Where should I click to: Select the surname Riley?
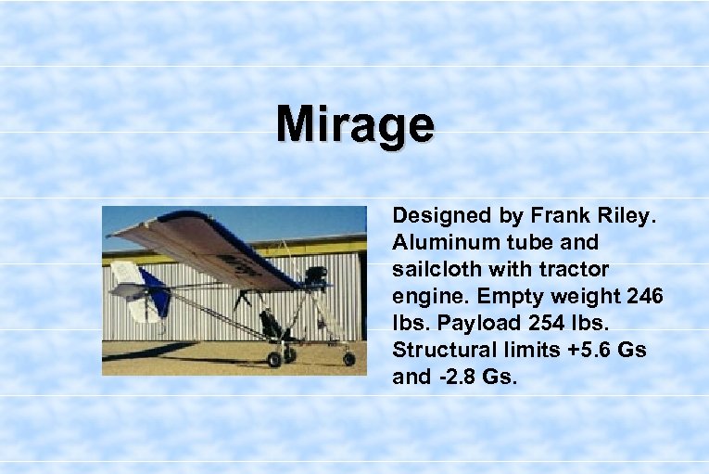tap(626, 216)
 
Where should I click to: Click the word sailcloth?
tap(433, 269)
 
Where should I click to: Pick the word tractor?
tap(578, 269)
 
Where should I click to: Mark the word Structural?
tap(439, 350)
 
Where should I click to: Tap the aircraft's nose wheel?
tap(348, 358)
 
